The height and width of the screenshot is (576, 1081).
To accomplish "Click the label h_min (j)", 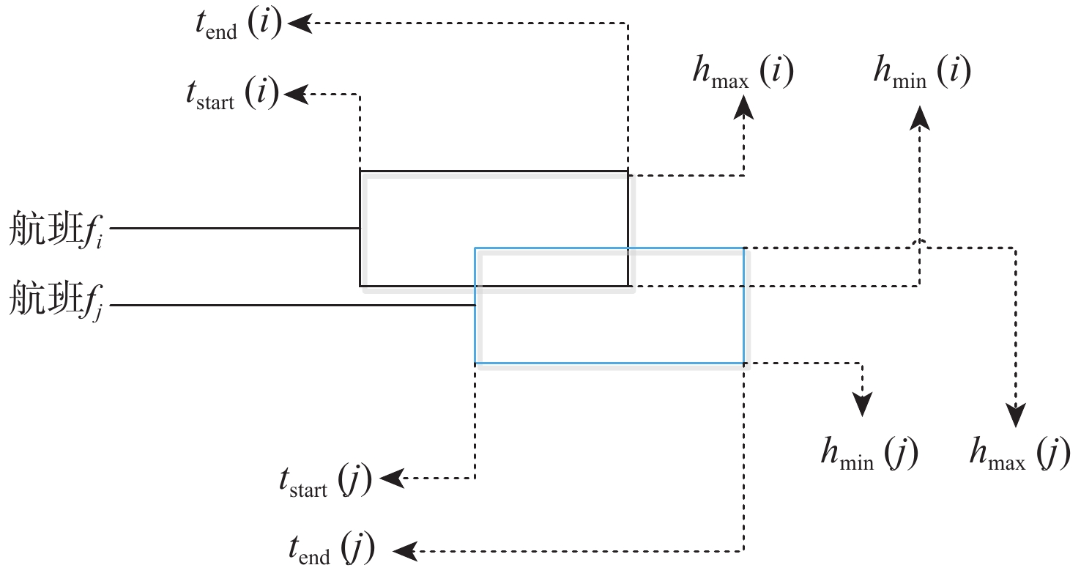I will tap(869, 455).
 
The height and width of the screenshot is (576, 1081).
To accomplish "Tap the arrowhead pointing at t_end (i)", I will tap(299, 23).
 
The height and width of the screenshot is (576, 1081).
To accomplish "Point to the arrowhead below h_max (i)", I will tap(744, 108).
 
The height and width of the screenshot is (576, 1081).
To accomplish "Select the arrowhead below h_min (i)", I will tap(920, 117).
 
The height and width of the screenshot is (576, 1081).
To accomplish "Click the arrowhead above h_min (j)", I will tap(863, 405).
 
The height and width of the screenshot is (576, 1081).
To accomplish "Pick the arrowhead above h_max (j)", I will tap(1015, 416).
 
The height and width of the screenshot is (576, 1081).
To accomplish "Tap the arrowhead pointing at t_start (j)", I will tap(392, 479).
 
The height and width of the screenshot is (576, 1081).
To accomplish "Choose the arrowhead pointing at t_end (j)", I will tap(406, 550).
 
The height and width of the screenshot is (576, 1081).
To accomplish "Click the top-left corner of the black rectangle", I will tap(360, 171).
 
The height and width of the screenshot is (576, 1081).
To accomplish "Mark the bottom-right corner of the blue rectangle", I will tap(744, 363).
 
